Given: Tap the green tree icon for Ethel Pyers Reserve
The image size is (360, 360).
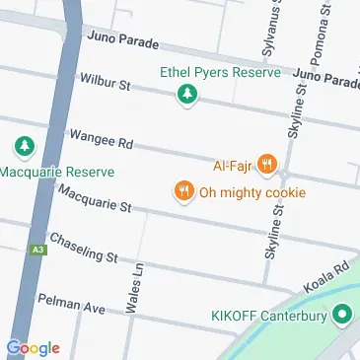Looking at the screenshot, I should click(x=185, y=95).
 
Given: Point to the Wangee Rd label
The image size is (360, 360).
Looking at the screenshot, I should click(x=100, y=141).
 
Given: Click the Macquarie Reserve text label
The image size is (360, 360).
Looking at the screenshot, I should click(x=56, y=172).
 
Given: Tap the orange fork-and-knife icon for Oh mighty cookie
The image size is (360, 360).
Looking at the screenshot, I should click(x=182, y=190).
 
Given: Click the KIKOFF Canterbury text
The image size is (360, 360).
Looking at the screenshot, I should click(x=268, y=317).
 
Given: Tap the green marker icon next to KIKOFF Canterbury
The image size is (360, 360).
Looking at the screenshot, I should click(x=342, y=316).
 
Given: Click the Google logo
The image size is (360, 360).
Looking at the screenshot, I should click(x=33, y=347).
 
